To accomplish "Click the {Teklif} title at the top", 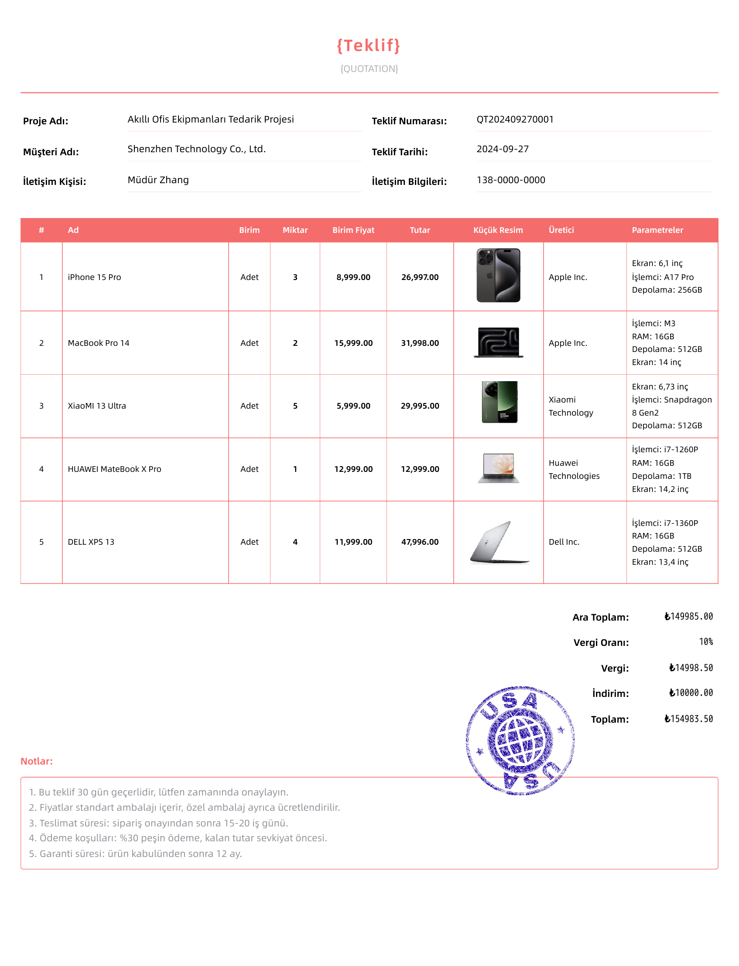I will pyautogui.click(x=369, y=46).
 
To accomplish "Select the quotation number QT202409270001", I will pyautogui.click(x=515, y=119).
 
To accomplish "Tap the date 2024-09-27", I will pyautogui.click(x=503, y=149).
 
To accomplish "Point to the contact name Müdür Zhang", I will pyautogui.click(x=158, y=180).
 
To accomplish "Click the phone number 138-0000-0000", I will pyautogui.click(x=511, y=180).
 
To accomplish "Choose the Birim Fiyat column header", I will pyautogui.click(x=353, y=230).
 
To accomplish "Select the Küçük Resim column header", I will pyautogui.click(x=498, y=230).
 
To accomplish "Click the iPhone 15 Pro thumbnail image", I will pyautogui.click(x=498, y=275).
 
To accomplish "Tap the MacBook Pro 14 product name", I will pyautogui.click(x=99, y=343).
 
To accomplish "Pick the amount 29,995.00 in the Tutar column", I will pyautogui.click(x=420, y=406).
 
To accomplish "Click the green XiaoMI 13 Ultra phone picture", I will pyautogui.click(x=499, y=402).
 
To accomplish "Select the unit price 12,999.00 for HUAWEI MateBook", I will pyautogui.click(x=353, y=469).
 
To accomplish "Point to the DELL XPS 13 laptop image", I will pyautogui.click(x=499, y=542).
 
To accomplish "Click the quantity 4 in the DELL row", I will pyautogui.click(x=295, y=542).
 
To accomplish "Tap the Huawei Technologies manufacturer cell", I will pyautogui.click(x=574, y=469).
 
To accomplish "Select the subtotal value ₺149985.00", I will pyautogui.click(x=688, y=616).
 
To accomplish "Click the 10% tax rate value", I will pyautogui.click(x=705, y=642).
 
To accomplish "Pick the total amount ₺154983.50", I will pyautogui.click(x=688, y=719).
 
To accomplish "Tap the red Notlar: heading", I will pyautogui.click(x=37, y=761).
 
